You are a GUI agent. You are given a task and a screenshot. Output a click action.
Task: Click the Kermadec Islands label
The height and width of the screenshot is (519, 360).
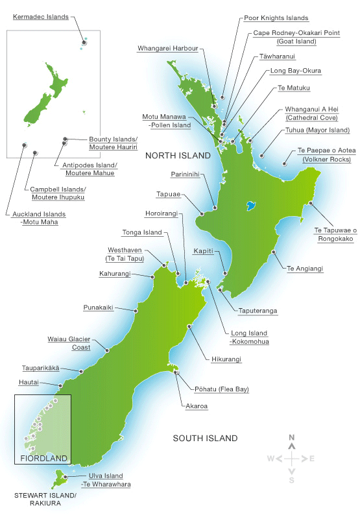click(40, 16)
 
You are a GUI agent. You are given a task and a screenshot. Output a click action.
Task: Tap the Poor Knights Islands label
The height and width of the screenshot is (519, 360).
click(276, 18)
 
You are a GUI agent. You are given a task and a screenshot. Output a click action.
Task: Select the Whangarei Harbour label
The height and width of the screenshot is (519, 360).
click(167, 47)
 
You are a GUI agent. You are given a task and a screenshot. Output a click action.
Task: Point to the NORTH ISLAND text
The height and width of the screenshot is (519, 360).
click(178, 156)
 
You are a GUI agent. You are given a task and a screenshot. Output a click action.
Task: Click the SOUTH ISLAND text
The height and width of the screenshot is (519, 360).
click(205, 439)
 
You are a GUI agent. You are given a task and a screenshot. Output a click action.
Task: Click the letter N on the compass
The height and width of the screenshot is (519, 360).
click(293, 437)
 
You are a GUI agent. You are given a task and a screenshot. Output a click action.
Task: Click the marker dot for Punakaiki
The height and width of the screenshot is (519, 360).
click(136, 311)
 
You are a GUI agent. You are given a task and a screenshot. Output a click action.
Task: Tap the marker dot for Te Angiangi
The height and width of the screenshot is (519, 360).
click(273, 252)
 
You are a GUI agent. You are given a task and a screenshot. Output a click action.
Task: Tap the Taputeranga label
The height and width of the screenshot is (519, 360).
click(258, 311)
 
